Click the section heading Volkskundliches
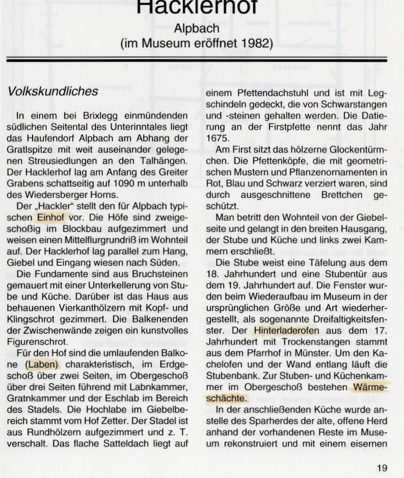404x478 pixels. [x=52, y=92]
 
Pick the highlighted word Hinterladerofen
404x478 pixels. [x=285, y=331]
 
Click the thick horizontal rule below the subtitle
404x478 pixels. [x=197, y=60]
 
